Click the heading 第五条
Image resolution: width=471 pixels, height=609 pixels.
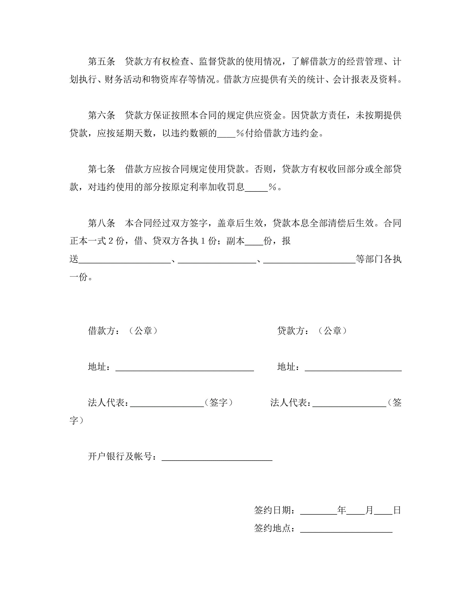point(101,62)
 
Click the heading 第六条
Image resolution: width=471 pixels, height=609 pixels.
point(101,115)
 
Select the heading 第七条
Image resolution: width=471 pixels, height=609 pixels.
point(101,169)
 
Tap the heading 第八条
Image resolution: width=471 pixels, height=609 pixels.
point(101,223)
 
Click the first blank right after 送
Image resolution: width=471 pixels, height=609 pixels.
point(124,260)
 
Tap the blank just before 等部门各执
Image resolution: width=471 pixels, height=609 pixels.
point(309,260)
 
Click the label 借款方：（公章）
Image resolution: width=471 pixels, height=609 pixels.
point(123,331)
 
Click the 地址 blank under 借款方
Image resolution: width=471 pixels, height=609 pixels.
point(184,368)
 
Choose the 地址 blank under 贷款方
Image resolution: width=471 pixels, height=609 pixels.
point(353,368)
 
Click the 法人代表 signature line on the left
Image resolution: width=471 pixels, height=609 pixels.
point(167,403)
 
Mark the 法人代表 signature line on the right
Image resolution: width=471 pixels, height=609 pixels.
point(349,403)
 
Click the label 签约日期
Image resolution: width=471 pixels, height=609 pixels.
point(274,511)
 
